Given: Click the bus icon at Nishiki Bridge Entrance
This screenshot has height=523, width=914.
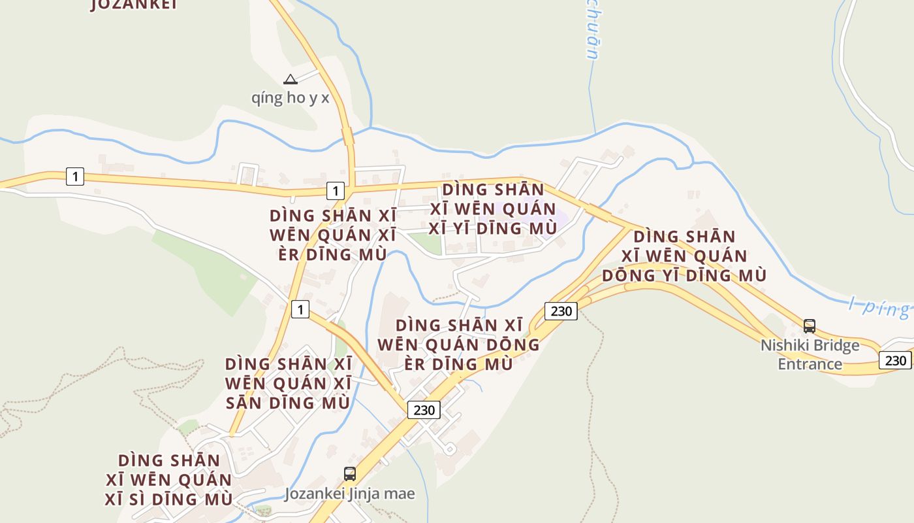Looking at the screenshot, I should coord(810,326).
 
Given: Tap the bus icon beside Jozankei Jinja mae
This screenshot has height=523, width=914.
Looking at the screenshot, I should coord(350,474).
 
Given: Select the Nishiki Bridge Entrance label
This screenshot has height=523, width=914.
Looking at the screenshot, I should coord(810,354).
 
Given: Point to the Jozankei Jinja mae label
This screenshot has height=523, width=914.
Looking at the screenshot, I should coord(349,494).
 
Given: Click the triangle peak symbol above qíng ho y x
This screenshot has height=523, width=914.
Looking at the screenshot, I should coord(291,80).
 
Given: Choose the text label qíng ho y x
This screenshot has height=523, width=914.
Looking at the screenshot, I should coord(291,98).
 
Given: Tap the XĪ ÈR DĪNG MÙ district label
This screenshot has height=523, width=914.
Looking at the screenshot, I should coord(328,235).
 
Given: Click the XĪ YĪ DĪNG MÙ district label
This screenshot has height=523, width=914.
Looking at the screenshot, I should coord(493,209).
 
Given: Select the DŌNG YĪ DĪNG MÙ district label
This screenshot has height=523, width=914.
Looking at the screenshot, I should coord(684,256).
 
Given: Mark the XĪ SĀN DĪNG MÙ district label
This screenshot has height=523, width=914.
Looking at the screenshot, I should coord(288,383).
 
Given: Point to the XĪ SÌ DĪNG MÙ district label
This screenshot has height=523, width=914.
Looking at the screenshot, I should coord(168,479).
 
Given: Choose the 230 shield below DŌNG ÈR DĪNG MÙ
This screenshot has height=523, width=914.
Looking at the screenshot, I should coord(424,410).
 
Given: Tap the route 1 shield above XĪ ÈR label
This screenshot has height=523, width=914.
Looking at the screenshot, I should coord(335,191).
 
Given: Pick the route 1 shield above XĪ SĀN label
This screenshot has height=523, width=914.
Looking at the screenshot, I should coord(300,309).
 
